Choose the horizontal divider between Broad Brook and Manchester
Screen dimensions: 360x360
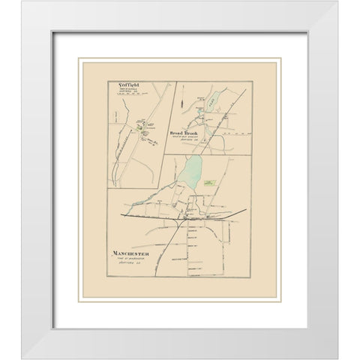210,155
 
